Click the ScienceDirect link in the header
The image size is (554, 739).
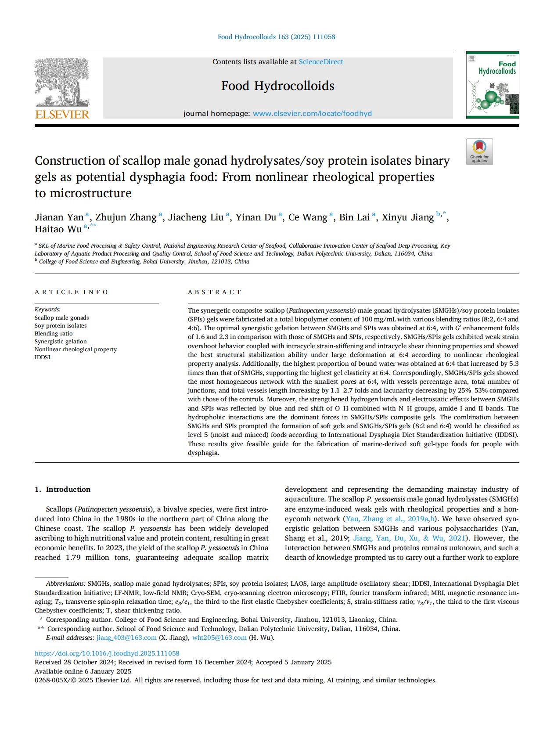click(x=320, y=62)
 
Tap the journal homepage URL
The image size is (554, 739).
click(x=312, y=113)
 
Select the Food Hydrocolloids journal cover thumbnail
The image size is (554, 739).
click(x=492, y=85)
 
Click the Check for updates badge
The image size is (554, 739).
click(x=479, y=152)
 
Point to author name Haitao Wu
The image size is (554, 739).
click(x=58, y=229)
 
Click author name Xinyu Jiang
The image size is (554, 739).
click(x=407, y=217)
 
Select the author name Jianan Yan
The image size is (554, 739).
click(x=59, y=217)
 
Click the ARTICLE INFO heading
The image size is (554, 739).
click(x=72, y=292)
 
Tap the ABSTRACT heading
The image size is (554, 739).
click(x=215, y=292)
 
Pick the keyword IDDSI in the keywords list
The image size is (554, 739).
click(x=43, y=357)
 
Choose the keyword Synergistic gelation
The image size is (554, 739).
click(x=61, y=341)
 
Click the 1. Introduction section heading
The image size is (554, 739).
click(x=62, y=489)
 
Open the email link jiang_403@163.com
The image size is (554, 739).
click(x=126, y=638)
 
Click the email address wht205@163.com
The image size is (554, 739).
click(x=219, y=638)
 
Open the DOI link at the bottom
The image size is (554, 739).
click(x=107, y=653)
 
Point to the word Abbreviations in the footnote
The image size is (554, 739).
click(x=65, y=584)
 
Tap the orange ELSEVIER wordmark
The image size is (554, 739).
click(x=62, y=115)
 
